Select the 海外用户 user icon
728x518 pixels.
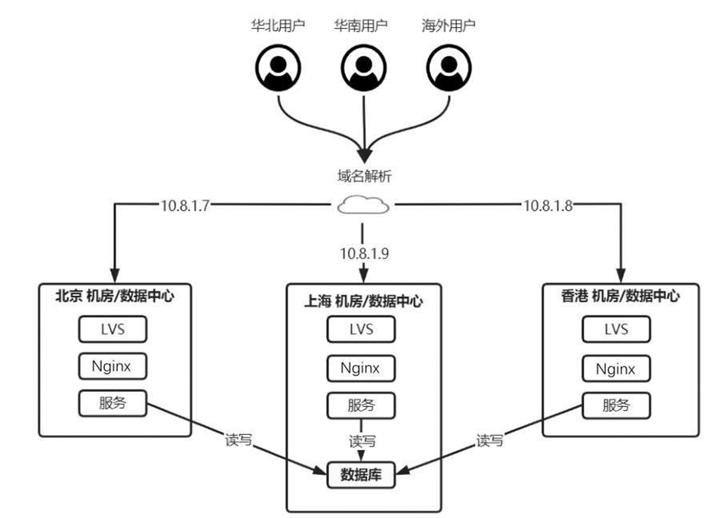tap(450, 69)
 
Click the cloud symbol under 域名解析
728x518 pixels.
tap(364, 205)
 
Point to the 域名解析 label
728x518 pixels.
tap(364, 177)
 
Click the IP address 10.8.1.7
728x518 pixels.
tap(184, 205)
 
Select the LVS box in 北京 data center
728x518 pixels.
tap(113, 329)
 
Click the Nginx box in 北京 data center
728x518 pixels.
tap(113, 366)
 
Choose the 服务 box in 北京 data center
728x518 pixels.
tap(113, 403)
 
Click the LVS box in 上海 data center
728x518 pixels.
tap(361, 329)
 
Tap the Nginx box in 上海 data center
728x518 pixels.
tap(361, 368)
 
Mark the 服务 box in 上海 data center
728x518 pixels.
tap(361, 405)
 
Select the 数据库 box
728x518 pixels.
tap(361, 474)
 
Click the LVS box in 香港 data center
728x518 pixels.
tap(616, 329)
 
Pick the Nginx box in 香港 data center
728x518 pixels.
tap(616, 368)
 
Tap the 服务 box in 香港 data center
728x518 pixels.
tap(616, 405)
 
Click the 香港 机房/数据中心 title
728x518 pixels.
tap(621, 295)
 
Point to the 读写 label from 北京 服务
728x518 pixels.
tap(239, 439)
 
